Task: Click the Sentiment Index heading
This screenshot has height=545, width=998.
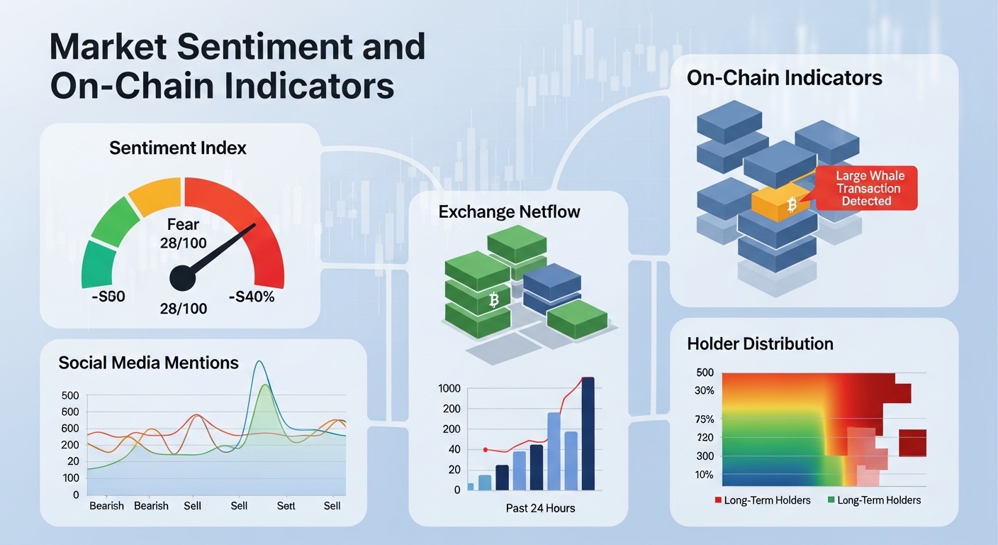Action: point(178,148)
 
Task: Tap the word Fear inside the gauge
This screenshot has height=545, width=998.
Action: point(183,225)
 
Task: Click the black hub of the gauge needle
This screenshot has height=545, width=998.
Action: point(182,277)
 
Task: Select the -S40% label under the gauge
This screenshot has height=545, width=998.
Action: point(251,297)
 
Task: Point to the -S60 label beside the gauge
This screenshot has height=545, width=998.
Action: point(108,297)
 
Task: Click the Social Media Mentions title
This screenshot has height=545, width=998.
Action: point(148,363)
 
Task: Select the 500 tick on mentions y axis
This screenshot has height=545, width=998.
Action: point(70,395)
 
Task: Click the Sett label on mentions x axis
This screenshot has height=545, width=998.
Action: point(286,506)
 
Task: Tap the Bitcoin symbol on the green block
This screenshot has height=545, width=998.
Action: point(494,302)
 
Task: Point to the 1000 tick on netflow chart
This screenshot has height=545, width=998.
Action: point(449,388)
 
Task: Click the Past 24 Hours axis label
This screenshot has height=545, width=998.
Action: point(540,508)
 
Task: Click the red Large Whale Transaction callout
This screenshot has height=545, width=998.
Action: point(867,189)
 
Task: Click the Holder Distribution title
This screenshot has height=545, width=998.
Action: point(760,344)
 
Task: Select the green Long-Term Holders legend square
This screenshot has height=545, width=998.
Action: point(831,500)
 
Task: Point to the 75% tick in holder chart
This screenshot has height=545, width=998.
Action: point(706,419)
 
